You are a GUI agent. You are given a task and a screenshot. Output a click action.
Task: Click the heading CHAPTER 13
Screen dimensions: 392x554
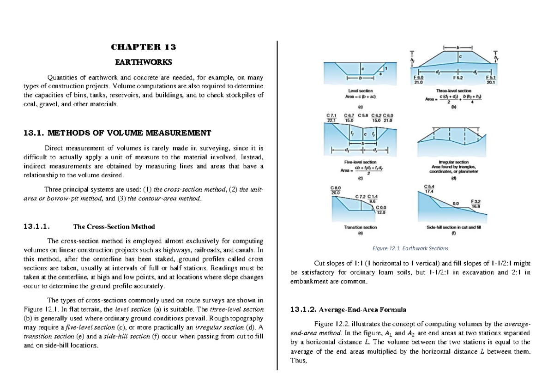click(x=144, y=47)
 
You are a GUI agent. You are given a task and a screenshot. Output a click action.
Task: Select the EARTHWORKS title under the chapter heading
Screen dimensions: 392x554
click(x=144, y=61)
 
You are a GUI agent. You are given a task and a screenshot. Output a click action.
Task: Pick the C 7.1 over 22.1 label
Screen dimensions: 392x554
click(x=331, y=117)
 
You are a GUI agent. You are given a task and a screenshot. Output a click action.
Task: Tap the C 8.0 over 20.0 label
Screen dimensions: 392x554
click(x=335, y=190)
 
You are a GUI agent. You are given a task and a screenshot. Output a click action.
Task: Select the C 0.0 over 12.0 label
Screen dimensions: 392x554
click(x=381, y=210)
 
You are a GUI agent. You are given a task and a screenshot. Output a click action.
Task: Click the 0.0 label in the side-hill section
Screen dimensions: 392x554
click(x=456, y=203)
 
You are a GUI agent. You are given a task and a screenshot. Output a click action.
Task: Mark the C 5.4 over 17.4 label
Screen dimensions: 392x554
click(x=428, y=188)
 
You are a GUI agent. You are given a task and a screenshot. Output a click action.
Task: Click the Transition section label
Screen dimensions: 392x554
click(x=360, y=227)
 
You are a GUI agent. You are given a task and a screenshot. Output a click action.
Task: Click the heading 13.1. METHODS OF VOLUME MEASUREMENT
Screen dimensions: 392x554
click(x=117, y=133)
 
